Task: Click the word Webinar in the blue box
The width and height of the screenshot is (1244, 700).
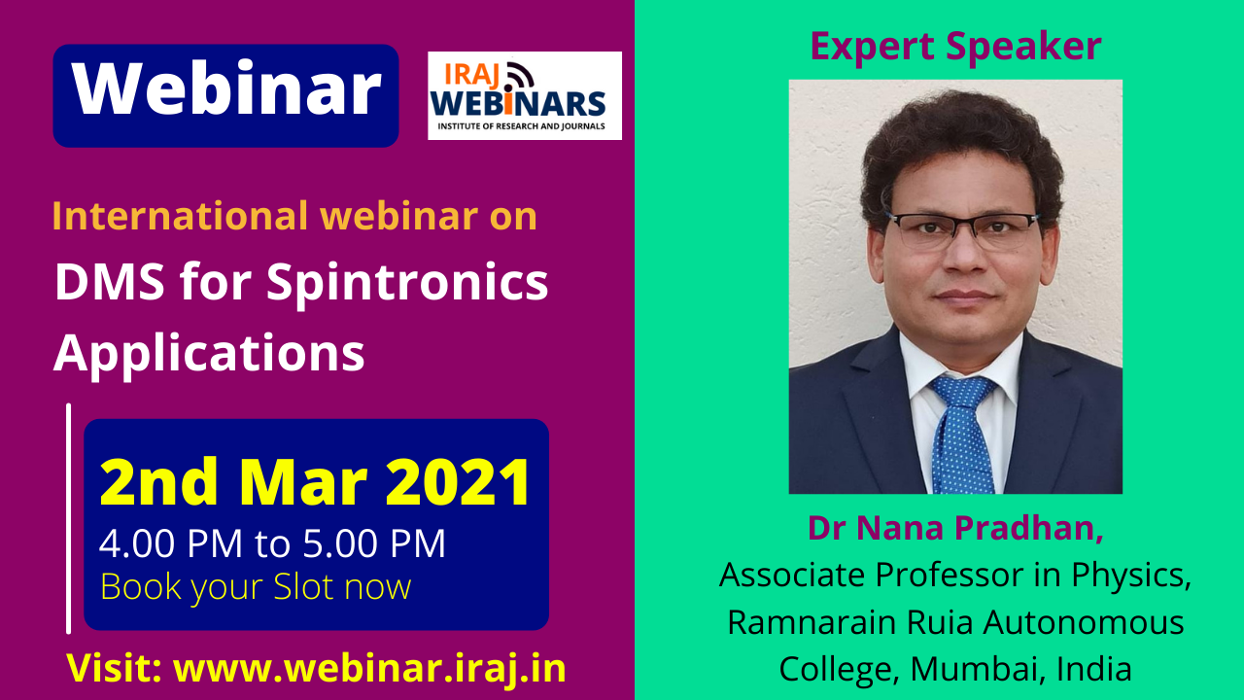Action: tap(226, 89)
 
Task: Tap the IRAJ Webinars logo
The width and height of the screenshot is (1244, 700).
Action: tap(524, 95)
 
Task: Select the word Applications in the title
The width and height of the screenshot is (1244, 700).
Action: tap(209, 354)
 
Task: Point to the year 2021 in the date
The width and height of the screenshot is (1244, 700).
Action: tap(458, 481)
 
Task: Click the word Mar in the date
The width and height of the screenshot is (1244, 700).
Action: tap(303, 481)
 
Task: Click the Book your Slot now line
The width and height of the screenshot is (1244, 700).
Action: tap(256, 587)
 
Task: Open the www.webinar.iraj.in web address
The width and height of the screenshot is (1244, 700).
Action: tap(369, 668)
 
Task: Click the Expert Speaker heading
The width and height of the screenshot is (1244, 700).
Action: tap(955, 46)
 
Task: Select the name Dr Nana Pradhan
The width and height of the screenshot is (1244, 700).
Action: tap(955, 528)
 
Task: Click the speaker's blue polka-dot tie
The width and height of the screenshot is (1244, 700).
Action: tap(963, 434)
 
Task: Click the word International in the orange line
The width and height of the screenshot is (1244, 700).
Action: tap(180, 216)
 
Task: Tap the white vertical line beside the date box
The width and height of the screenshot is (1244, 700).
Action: tap(68, 518)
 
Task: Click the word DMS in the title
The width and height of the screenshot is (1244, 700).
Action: tap(110, 282)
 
